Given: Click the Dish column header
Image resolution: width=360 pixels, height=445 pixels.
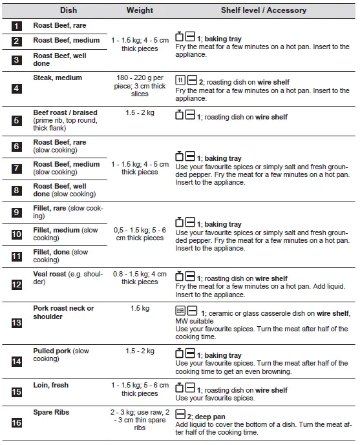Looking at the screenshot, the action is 69,10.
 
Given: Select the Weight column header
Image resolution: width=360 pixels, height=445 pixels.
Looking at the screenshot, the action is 140,10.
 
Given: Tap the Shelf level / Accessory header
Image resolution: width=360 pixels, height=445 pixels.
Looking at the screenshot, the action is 264,10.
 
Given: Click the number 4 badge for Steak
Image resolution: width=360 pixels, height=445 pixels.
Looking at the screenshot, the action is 16,88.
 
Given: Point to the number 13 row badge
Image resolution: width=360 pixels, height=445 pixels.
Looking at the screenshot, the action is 16,323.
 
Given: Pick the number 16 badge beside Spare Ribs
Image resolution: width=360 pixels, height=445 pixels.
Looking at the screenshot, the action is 16,423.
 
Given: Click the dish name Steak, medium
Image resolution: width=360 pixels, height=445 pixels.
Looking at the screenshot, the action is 58,78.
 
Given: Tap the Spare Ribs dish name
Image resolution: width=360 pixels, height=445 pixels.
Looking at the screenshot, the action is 51,412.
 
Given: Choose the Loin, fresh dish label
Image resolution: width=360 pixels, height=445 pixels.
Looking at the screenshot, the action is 51,385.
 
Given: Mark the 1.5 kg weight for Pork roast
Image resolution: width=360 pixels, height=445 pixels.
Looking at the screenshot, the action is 140,308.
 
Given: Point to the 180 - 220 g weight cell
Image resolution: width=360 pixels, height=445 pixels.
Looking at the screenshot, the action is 140,86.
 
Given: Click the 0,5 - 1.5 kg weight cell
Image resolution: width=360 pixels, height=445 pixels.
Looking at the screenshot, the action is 140,234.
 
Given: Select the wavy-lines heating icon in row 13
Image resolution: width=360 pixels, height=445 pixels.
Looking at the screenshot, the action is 180,311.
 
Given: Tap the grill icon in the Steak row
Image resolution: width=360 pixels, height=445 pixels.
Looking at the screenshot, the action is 180,80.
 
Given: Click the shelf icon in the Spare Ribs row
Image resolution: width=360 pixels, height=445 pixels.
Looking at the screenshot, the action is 180,415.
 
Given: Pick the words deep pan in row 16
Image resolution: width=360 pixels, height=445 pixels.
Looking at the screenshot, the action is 210,417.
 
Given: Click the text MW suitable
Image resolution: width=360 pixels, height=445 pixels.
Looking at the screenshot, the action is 195,321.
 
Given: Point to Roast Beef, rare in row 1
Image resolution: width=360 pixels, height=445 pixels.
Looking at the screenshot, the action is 59,26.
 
